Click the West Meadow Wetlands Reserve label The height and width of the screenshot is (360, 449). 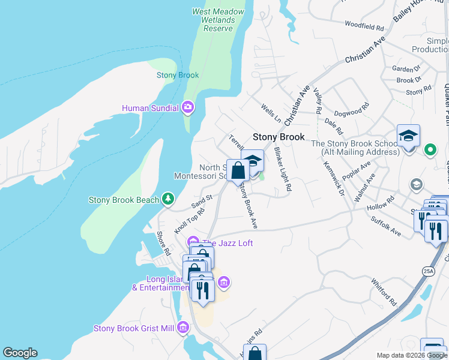click(218, 20)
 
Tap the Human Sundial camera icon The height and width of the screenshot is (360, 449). click(188, 108)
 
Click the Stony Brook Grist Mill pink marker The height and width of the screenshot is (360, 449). click(183, 328)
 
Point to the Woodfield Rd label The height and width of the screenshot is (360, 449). click(364, 26)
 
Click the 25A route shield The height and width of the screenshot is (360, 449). click(428, 271)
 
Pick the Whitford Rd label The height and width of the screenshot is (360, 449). click(384, 292)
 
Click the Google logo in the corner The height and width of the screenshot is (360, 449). click(20, 353)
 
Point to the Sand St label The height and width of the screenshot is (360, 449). click(202, 199)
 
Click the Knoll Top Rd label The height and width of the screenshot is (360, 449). click(189, 221)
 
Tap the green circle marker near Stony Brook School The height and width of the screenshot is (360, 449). click(430, 149)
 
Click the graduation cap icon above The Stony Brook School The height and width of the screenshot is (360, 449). click(408, 136)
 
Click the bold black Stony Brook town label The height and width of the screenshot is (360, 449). click(279, 137)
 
